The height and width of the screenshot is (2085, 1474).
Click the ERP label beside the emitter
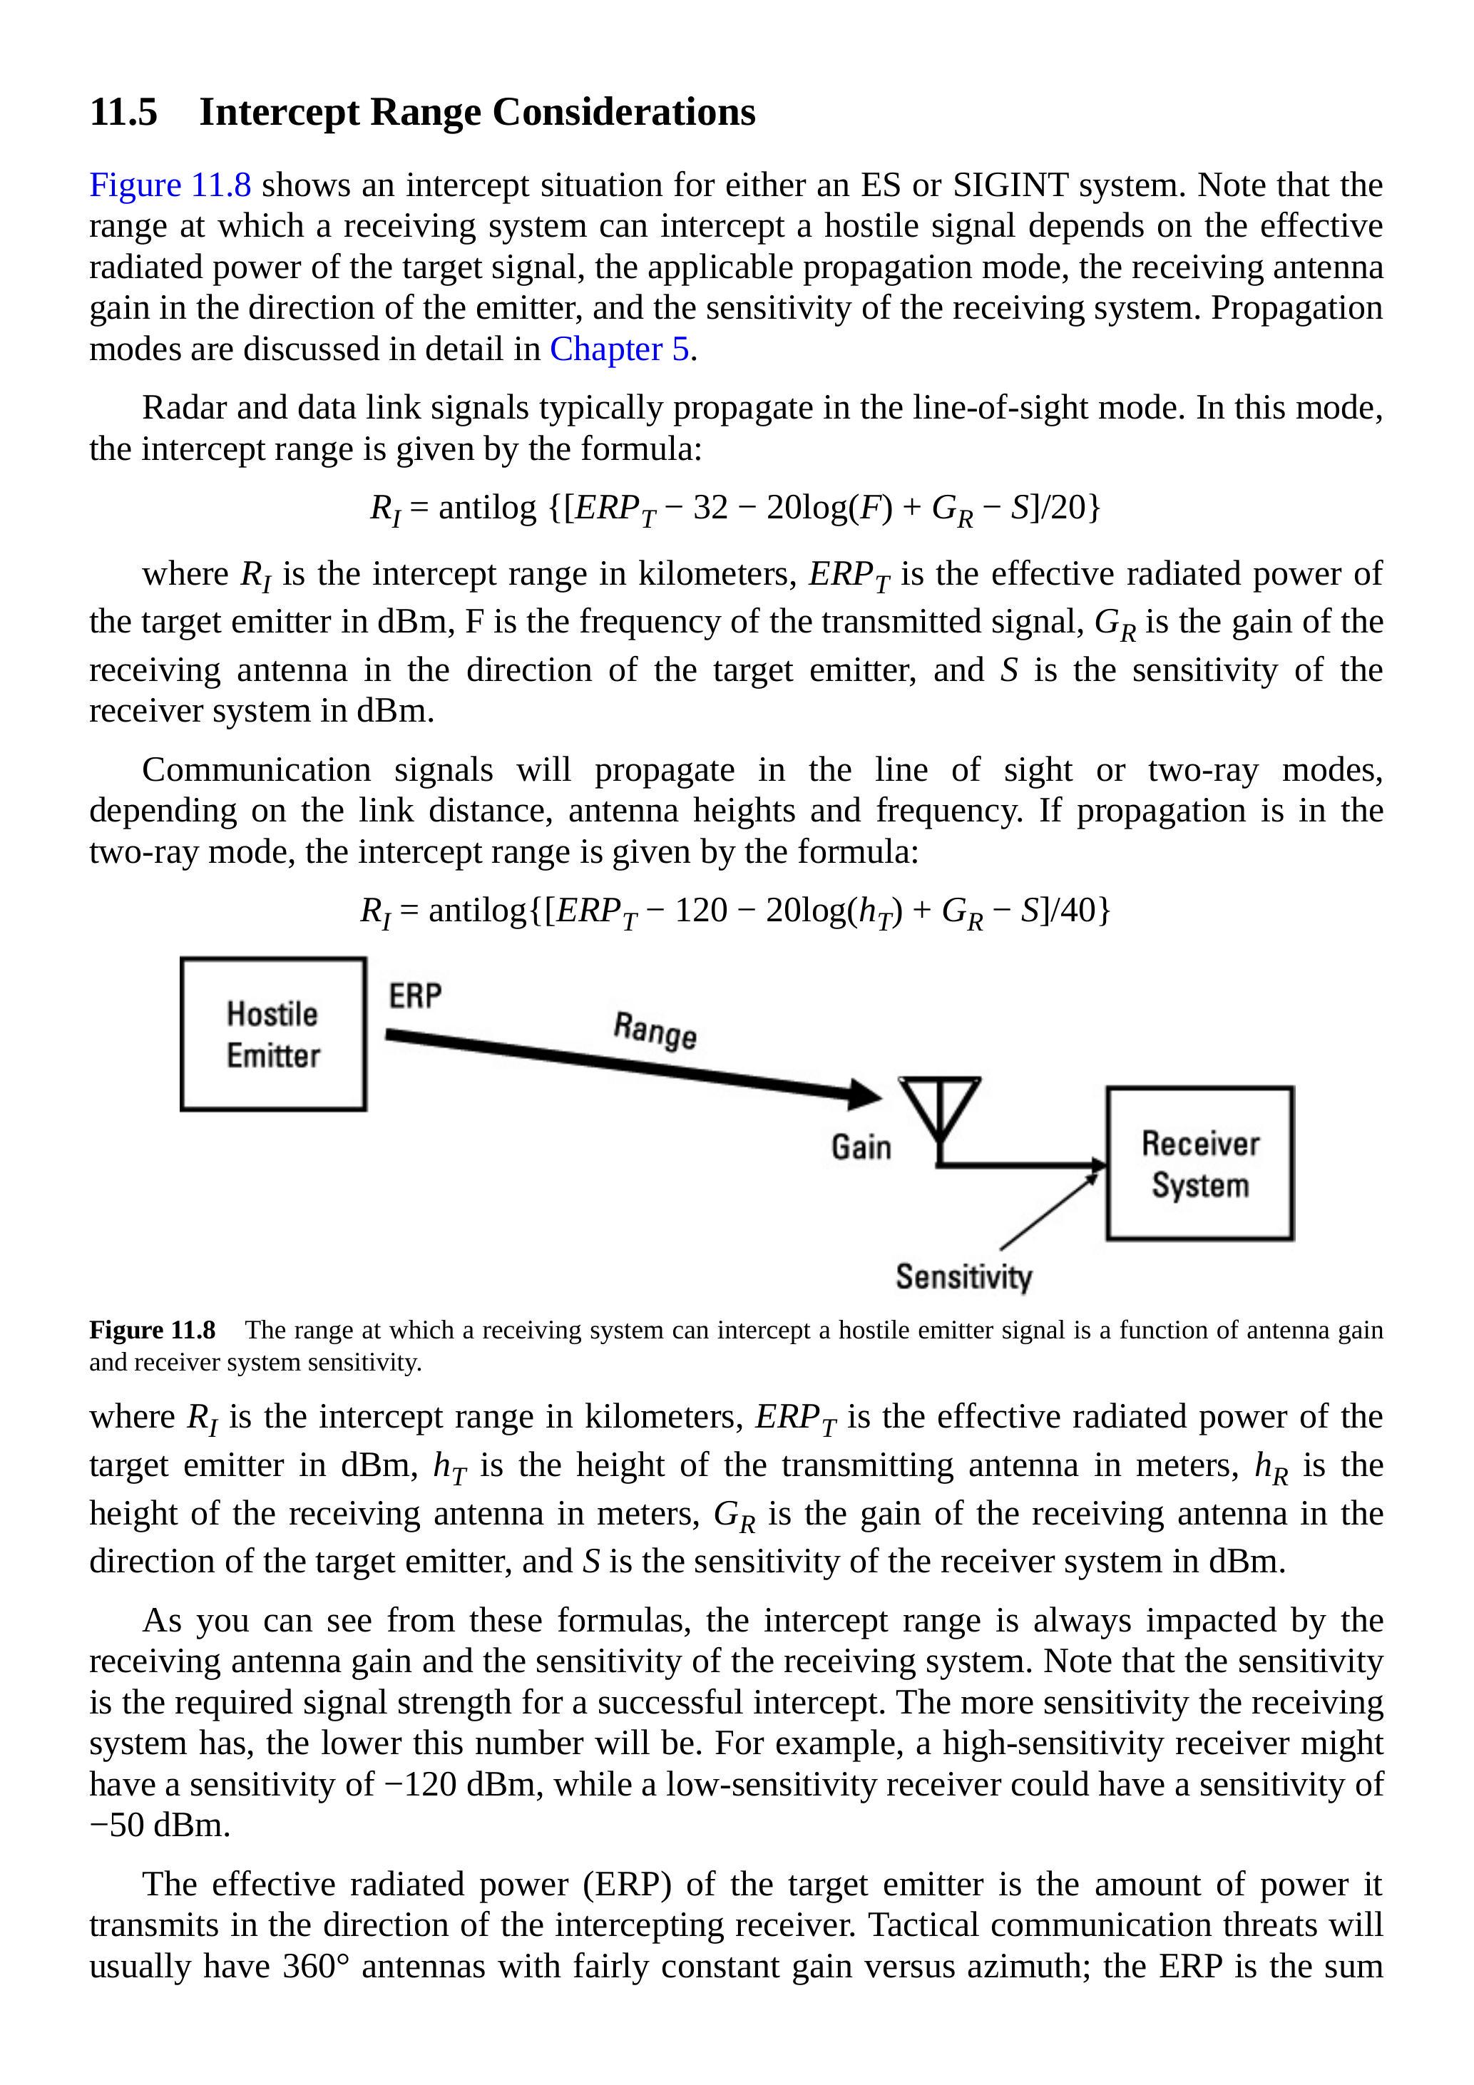click(415, 996)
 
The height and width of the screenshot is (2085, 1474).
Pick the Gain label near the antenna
click(861, 1147)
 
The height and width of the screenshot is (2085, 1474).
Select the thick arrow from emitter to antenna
click(627, 1065)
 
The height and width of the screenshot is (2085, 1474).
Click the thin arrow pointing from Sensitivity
click(1048, 1211)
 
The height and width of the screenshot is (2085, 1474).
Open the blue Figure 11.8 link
click(170, 185)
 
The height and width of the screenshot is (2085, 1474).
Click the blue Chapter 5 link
click(620, 349)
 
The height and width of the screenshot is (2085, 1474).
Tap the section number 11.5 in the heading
click(123, 113)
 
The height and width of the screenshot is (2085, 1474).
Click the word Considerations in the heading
click(624, 113)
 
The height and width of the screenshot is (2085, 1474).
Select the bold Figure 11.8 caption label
click(153, 1331)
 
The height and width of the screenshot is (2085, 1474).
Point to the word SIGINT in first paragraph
click(1010, 185)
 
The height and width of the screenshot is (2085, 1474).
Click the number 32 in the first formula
click(710, 508)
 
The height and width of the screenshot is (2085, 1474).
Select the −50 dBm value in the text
click(159, 1825)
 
